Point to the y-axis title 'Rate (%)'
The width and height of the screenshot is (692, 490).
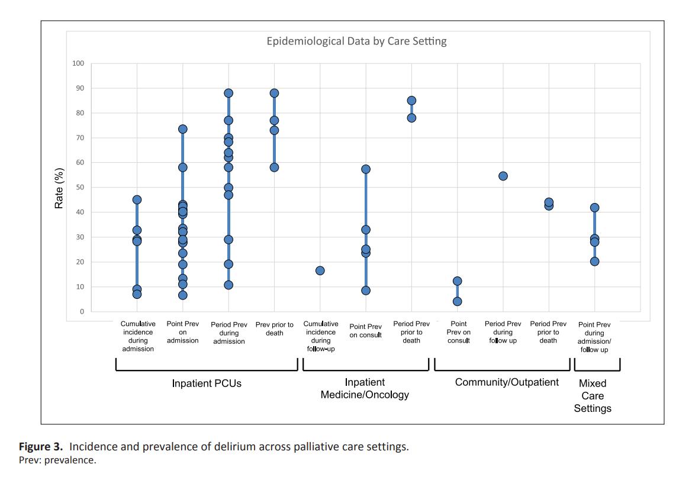pyautogui.click(x=59, y=188)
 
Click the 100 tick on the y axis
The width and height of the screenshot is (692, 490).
pyautogui.click(x=78, y=63)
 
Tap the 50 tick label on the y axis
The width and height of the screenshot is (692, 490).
pyautogui.click(x=80, y=188)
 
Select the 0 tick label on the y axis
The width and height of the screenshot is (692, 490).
pyautogui.click(x=82, y=312)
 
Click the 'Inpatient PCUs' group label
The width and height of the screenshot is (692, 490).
pyautogui.click(x=207, y=383)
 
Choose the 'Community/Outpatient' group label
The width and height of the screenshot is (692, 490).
pyautogui.click(x=506, y=382)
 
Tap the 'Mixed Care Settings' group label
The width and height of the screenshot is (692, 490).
pyautogui.click(x=593, y=396)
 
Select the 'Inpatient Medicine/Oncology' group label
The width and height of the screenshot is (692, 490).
pyautogui.click(x=365, y=389)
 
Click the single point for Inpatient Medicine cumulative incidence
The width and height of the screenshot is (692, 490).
pyautogui.click(x=320, y=270)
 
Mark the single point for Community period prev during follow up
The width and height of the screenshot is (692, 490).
pyautogui.click(x=503, y=176)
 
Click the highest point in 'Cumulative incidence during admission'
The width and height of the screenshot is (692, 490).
pyautogui.click(x=137, y=200)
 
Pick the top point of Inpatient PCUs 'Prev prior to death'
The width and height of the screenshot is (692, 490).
pyautogui.click(x=274, y=94)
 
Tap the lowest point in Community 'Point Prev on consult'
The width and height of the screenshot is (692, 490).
pyautogui.click(x=458, y=301)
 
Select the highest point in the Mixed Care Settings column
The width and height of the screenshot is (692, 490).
pyautogui.click(x=594, y=208)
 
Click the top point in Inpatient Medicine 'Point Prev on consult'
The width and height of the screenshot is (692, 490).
pyautogui.click(x=366, y=169)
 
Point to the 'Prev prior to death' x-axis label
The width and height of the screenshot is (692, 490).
pyautogui.click(x=274, y=328)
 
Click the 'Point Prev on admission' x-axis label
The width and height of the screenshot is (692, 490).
pyautogui.click(x=183, y=333)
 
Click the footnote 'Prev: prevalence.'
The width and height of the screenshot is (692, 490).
pyautogui.click(x=57, y=460)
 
